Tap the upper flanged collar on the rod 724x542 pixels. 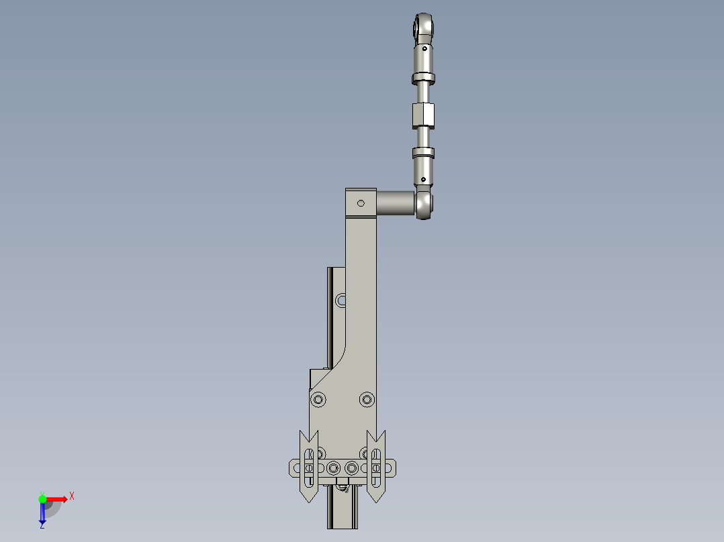coord(423,78)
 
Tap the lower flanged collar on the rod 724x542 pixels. coord(423,152)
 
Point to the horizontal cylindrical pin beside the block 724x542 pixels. coord(396,203)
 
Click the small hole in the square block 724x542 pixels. coord(361,203)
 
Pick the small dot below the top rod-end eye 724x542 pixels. coord(424,48)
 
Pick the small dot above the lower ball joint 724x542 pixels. coord(423,179)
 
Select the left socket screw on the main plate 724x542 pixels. coord(318,399)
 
